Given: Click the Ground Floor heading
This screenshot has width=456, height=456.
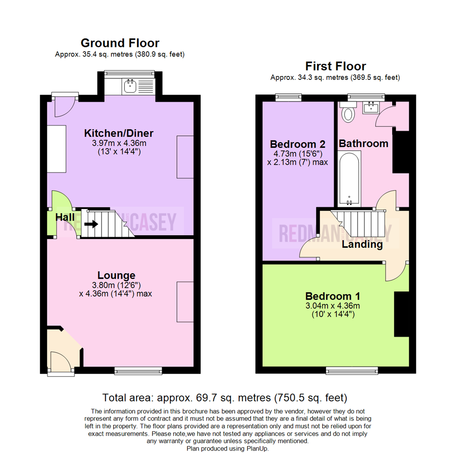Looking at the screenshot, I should [120, 43].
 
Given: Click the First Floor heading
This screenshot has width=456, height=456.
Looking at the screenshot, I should [335, 66].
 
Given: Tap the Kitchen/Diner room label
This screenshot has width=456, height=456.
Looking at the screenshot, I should [119, 133].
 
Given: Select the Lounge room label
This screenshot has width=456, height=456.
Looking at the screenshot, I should [117, 275].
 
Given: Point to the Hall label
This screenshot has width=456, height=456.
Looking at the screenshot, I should [65, 217].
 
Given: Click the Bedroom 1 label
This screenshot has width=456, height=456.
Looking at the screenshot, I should [333, 296].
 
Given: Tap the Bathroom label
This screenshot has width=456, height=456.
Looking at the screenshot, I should [364, 144].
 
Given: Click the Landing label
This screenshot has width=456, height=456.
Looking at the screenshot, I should [362, 244].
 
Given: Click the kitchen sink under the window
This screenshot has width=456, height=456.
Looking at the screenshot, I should [129, 87].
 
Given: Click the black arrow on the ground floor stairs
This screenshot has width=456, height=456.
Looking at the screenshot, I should [91, 224].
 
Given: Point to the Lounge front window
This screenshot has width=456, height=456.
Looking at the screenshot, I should [138, 371].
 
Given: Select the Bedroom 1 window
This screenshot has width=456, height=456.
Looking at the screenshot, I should [352, 370].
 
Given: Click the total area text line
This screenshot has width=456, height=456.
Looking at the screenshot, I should [225, 398].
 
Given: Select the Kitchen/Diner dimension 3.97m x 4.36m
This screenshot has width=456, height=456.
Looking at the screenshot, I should [119, 144].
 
